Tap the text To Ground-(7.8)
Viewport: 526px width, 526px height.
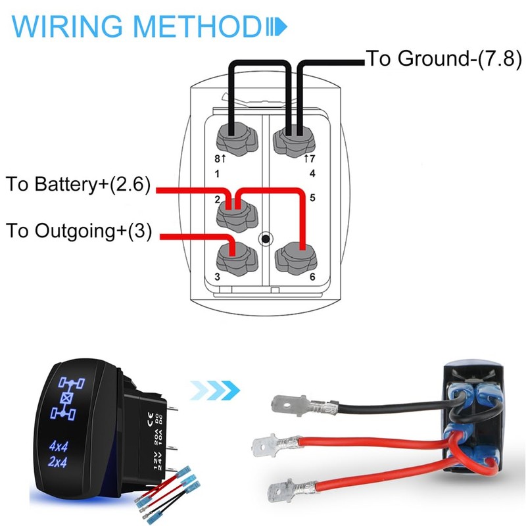click(x=443, y=59)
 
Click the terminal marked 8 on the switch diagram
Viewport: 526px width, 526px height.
click(x=231, y=139)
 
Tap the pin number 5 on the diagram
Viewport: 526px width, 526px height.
click(x=312, y=197)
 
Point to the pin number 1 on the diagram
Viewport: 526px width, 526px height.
click(x=217, y=174)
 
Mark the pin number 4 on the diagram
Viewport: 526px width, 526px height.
click(x=312, y=174)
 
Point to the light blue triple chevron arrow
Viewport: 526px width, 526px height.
click(x=214, y=393)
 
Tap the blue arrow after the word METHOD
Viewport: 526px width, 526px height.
click(x=276, y=27)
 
